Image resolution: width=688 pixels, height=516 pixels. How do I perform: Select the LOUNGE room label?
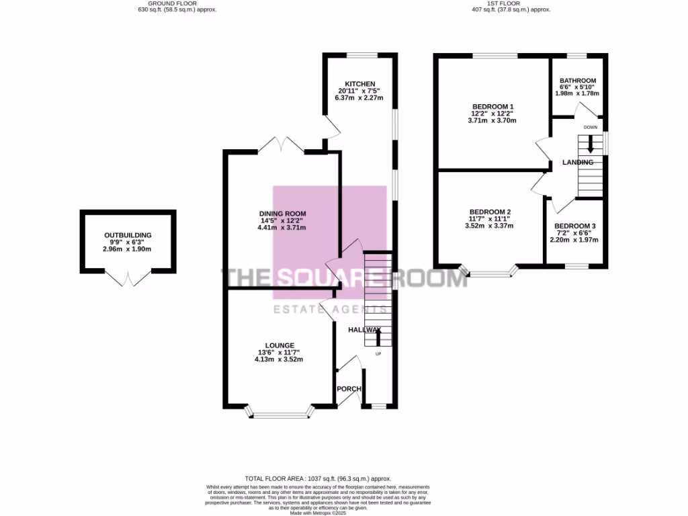[278, 345]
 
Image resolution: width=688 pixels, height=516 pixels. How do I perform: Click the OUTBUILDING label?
[128, 235]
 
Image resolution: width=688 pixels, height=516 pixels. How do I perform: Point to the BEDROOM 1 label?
[492, 107]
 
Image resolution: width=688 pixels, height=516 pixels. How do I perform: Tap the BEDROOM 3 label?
[574, 226]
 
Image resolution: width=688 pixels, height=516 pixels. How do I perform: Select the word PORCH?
[349, 389]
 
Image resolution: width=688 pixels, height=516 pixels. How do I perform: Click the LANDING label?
[578, 163]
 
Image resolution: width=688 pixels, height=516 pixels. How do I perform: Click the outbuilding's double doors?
[127, 278]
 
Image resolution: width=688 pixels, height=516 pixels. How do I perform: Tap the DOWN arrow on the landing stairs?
[591, 144]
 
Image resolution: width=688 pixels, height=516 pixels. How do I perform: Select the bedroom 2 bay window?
[490, 273]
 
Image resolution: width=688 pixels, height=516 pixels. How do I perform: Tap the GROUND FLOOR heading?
[176, 3]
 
